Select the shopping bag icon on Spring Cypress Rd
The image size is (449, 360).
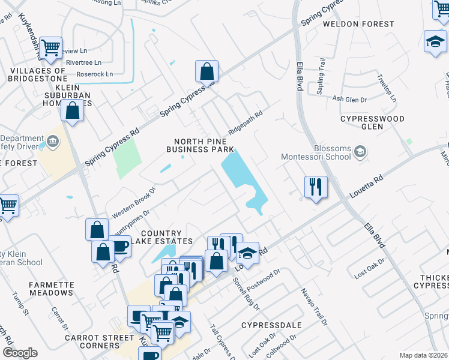206,71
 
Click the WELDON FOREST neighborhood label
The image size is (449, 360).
358,24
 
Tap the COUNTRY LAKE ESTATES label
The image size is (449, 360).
161,238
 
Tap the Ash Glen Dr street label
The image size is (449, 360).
349,99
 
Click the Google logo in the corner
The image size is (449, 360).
20,353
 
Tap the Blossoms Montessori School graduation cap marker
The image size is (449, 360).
360,152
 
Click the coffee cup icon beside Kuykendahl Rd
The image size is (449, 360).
121,247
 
